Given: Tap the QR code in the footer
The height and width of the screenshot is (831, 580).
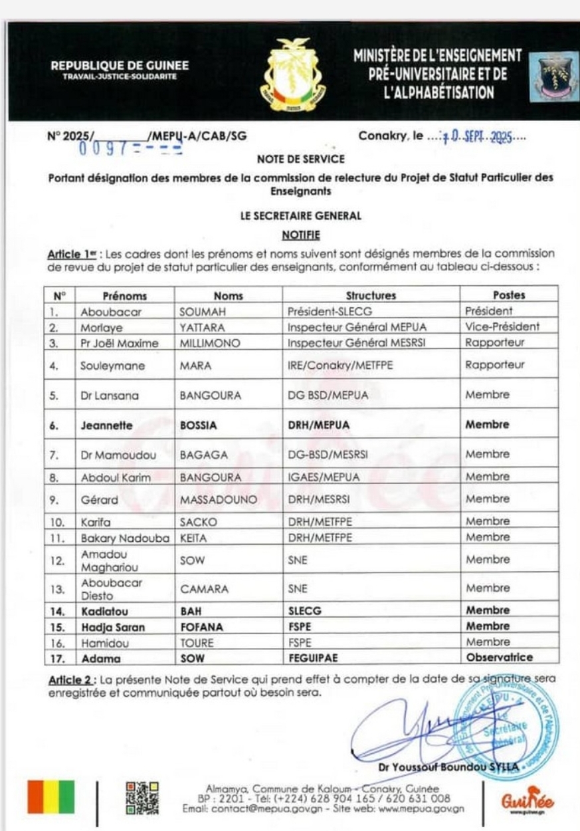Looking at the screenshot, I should pyautogui.click(x=143, y=797).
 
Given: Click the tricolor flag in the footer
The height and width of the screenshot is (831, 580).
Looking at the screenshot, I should pyautogui.click(x=51, y=796).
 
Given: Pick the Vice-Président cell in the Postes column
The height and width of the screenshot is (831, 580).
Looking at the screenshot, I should pyautogui.click(x=502, y=327).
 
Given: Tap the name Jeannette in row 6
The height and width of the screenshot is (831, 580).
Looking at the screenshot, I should pyautogui.click(x=106, y=425).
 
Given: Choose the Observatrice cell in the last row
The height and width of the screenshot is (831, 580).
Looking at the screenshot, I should pyautogui.click(x=499, y=657).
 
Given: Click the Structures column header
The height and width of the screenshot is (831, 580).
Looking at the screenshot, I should pyautogui.click(x=371, y=296).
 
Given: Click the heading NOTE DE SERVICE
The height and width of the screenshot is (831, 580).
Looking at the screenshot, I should pyautogui.click(x=300, y=159).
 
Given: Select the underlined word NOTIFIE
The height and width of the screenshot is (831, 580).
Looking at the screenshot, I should pyautogui.click(x=300, y=235).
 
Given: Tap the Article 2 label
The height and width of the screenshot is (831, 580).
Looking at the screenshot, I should pyautogui.click(x=71, y=680).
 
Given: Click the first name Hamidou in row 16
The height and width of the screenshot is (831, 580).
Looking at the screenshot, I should pyautogui.click(x=102, y=642).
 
